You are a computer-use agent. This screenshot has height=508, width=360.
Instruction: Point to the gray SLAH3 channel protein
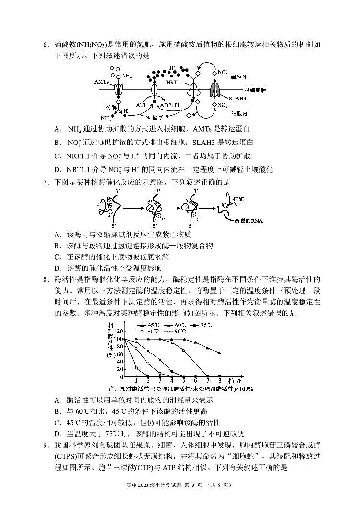tap(215, 90)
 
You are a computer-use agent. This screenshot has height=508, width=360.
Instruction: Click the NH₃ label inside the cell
tap(105, 118)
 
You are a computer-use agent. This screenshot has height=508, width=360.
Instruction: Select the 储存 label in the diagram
tap(158, 117)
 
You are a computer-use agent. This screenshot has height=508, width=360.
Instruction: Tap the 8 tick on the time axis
tap(219, 381)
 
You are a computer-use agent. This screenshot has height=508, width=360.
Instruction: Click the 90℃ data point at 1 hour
tap(136, 368)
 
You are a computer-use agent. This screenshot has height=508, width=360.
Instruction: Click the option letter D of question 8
tap(57, 433)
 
